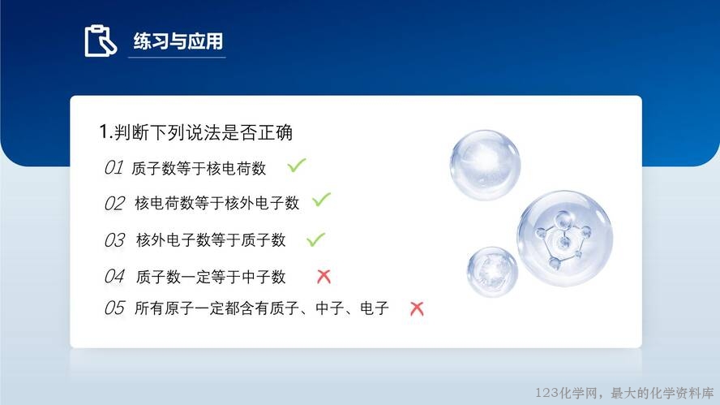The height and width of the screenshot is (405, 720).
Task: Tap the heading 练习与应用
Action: coord(178,41)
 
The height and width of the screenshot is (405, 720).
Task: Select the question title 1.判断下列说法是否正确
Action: coord(196,132)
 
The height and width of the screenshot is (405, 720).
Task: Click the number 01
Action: coord(114,168)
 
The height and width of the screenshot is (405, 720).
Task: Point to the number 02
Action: coord(114,203)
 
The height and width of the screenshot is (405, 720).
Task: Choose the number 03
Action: coord(114,240)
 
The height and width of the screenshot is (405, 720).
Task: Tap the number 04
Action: coord(114,276)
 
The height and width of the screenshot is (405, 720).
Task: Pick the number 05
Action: coord(114,308)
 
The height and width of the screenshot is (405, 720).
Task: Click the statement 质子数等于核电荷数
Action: coord(199,168)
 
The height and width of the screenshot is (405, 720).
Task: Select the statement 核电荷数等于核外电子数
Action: coord(216,203)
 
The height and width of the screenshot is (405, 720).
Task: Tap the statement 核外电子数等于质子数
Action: coord(211,239)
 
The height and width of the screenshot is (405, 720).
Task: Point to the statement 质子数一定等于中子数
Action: coord(211,277)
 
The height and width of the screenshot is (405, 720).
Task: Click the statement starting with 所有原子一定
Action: coord(262,308)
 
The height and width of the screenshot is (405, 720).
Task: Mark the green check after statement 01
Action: coord(297,166)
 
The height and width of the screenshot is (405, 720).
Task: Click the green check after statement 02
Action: coord(321,200)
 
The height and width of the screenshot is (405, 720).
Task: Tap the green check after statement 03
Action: coord(315,239)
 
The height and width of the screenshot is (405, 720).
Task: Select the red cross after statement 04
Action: coord(324,276)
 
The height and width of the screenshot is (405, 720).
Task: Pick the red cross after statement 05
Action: coord(417,308)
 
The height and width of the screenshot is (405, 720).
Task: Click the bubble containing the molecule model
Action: coord(565,239)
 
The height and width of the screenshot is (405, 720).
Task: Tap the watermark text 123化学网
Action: coord(567,393)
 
